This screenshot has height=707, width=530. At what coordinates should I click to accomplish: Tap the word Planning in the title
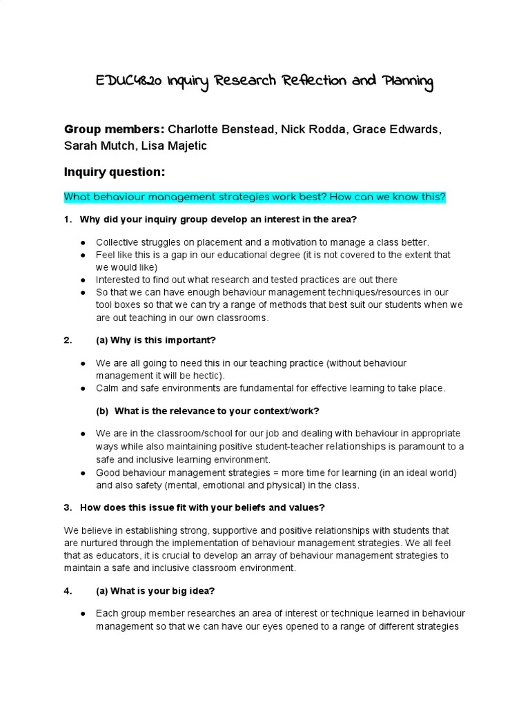point(407,82)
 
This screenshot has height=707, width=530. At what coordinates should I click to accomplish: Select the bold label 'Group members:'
point(114,130)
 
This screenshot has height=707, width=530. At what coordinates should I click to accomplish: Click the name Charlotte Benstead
point(222,130)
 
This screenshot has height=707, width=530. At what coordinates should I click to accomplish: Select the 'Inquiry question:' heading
point(114,172)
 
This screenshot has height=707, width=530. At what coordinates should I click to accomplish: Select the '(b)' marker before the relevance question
point(102,411)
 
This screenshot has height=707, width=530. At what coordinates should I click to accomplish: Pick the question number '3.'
point(68,507)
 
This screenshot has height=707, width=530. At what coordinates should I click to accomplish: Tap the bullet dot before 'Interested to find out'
point(83,280)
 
